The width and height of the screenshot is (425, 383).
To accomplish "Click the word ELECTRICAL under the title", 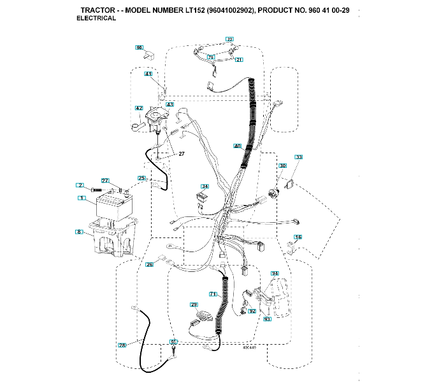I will [x=96, y=19].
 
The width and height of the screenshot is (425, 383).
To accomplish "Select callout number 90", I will [x=140, y=47].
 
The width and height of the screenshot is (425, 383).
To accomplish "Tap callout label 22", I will [x=229, y=40].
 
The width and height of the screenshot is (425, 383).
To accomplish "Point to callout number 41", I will [x=148, y=75].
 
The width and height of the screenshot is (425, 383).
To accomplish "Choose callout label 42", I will [x=139, y=109].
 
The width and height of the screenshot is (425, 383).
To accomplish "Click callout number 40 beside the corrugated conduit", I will [x=237, y=146].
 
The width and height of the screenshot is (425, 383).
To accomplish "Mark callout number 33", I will [x=298, y=157].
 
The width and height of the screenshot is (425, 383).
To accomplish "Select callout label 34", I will [x=204, y=186].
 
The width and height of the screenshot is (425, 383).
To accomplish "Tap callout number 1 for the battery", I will [x=82, y=199].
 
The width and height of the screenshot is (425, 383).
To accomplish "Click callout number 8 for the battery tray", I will [x=80, y=231].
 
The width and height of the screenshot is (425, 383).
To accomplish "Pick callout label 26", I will [x=149, y=264].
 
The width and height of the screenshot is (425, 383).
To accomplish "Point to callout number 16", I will [x=298, y=237].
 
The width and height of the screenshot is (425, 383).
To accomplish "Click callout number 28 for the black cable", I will [x=122, y=345].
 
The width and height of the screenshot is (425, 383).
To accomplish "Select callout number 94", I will [x=275, y=273].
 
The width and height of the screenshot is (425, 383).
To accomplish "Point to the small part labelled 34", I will [x=203, y=199].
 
